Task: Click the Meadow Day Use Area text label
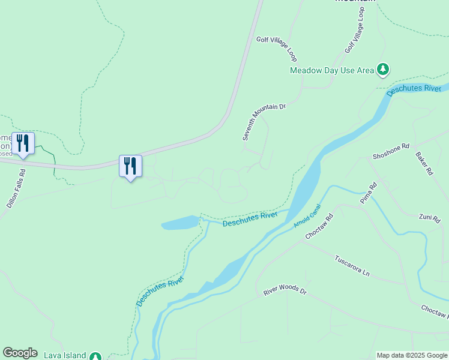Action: click(x=331, y=70)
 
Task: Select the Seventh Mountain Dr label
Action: click(x=264, y=122)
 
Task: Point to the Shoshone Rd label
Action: click(x=391, y=151)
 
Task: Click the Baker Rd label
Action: click(x=424, y=163)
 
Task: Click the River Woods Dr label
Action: click(x=285, y=292)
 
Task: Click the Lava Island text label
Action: click(x=65, y=356)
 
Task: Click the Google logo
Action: click(x=20, y=353)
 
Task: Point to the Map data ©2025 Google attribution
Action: click(x=412, y=355)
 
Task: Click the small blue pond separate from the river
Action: click(x=179, y=223)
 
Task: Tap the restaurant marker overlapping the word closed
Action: click(x=23, y=144)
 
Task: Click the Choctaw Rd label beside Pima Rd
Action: click(x=319, y=227)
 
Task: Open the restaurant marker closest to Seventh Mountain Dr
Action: click(x=130, y=166)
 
